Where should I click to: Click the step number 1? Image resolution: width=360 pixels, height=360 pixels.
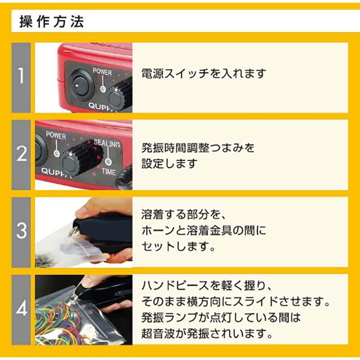tap(21, 77)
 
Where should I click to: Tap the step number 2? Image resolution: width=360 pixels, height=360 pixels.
tap(21, 154)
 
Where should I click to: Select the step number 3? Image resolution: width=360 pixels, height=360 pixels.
tap(21, 231)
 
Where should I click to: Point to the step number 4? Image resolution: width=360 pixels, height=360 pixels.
tap(21, 309)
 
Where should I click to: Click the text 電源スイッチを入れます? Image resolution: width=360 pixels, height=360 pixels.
tap(204, 73)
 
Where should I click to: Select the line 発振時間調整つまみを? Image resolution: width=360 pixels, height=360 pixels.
tap(198, 147)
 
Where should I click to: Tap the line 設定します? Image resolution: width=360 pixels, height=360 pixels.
tap(169, 163)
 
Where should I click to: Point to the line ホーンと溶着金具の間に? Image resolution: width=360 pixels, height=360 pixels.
tap(204, 231)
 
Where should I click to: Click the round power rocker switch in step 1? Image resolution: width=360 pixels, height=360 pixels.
tap(81, 85)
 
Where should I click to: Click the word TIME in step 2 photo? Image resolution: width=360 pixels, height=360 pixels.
tap(108, 171)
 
